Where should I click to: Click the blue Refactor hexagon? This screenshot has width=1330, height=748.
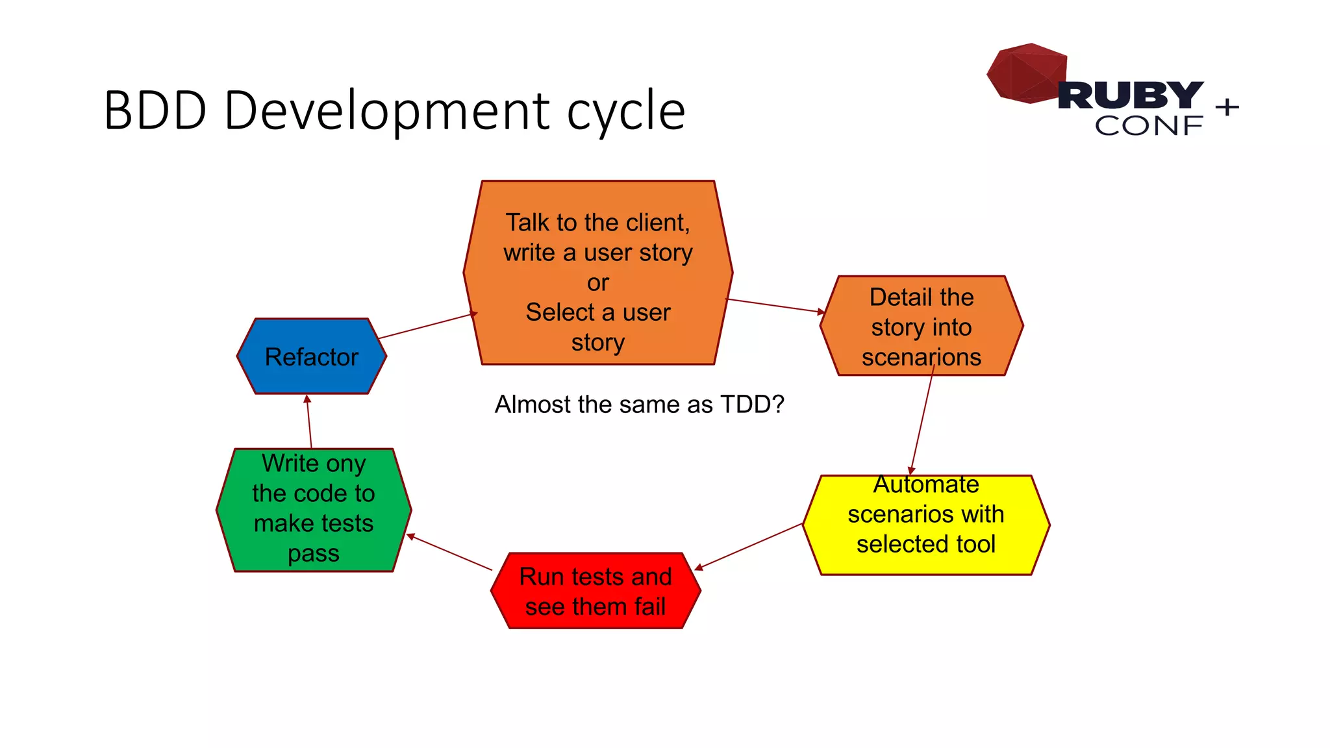pyautogui.click(x=312, y=356)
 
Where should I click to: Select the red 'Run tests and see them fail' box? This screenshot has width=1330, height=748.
pyautogui.click(x=596, y=591)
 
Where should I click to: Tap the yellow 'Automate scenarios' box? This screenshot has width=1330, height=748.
pyautogui.click(x=926, y=525)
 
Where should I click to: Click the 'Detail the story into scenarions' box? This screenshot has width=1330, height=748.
pyautogui.click(x=922, y=326)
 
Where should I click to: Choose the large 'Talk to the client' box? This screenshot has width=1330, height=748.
pyautogui.click(x=598, y=273)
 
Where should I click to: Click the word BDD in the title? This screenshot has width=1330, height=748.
pyautogui.click(x=155, y=110)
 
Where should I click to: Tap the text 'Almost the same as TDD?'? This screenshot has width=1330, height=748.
pyautogui.click(x=639, y=405)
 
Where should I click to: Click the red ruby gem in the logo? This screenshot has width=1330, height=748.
pyautogui.click(x=1026, y=73)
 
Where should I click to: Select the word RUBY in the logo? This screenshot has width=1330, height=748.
pyautogui.click(x=1131, y=95)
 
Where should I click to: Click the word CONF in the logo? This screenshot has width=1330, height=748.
pyautogui.click(x=1148, y=126)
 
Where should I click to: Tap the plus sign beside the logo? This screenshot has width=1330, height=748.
pyautogui.click(x=1227, y=106)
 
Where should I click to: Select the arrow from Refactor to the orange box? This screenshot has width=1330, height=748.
pyautogui.click(x=427, y=326)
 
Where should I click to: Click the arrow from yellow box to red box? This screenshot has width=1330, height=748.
pyautogui.click(x=748, y=547)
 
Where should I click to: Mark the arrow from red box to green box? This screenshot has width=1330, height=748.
pyautogui.click(x=449, y=553)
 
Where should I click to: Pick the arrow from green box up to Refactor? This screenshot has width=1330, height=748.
pyautogui.click(x=309, y=421)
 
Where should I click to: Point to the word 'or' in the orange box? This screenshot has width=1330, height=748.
pyautogui.click(x=598, y=282)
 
